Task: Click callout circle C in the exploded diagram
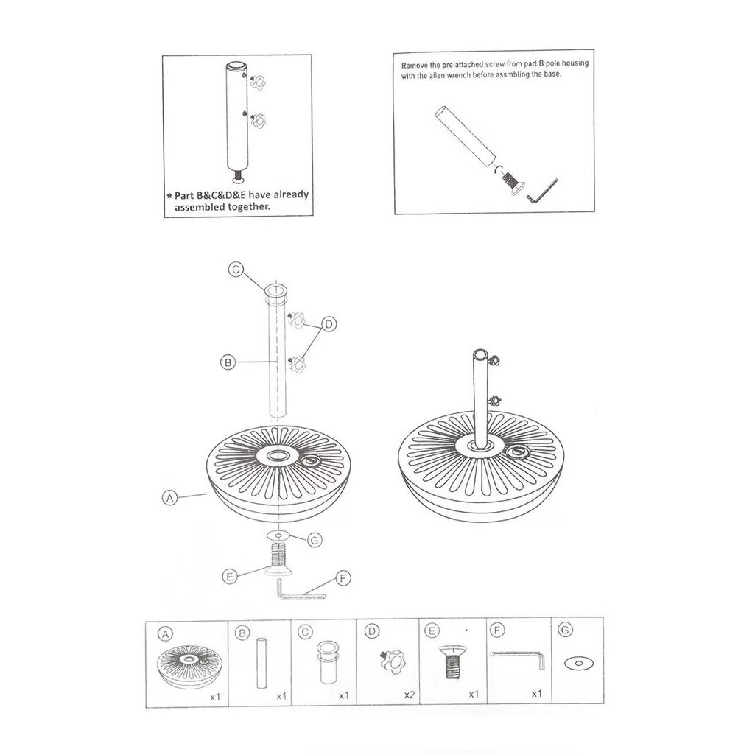(236, 269)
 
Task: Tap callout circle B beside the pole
(228, 362)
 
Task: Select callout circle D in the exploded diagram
(329, 324)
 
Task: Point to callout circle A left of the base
(169, 498)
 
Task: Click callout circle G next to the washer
(315, 540)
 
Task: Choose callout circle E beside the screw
(230, 576)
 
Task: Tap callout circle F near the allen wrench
(343, 577)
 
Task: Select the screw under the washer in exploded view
(278, 559)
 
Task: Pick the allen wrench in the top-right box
(541, 192)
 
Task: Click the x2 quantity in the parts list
(410, 695)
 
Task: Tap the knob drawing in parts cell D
(393, 662)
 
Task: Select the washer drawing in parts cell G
(579, 663)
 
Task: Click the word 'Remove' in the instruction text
(415, 65)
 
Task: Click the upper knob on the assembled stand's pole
(494, 359)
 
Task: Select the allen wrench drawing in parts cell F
(518, 659)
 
